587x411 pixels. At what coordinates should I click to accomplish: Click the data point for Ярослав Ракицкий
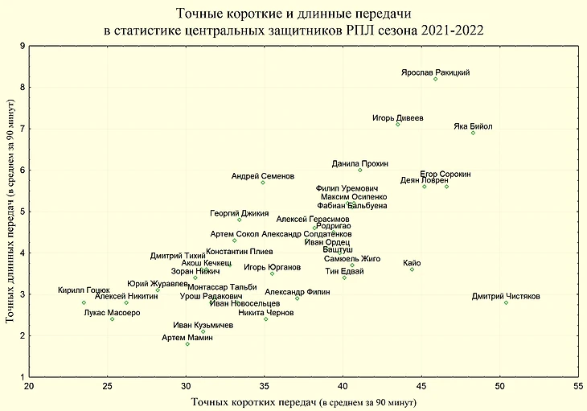(435, 79)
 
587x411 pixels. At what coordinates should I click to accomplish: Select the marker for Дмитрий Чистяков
(506, 302)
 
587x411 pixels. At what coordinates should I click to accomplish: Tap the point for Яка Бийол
(473, 133)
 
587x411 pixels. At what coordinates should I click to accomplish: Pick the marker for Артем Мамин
(187, 344)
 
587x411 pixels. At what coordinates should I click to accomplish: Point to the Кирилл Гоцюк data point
(84, 302)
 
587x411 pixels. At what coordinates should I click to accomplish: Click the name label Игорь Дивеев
(397, 117)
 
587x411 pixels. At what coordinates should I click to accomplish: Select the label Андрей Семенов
(263, 176)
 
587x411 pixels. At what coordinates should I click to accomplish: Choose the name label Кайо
(412, 263)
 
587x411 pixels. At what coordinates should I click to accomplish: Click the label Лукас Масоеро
(112, 313)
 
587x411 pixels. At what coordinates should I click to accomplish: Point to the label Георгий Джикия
(240, 213)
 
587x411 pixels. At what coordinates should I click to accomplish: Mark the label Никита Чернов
(265, 312)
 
